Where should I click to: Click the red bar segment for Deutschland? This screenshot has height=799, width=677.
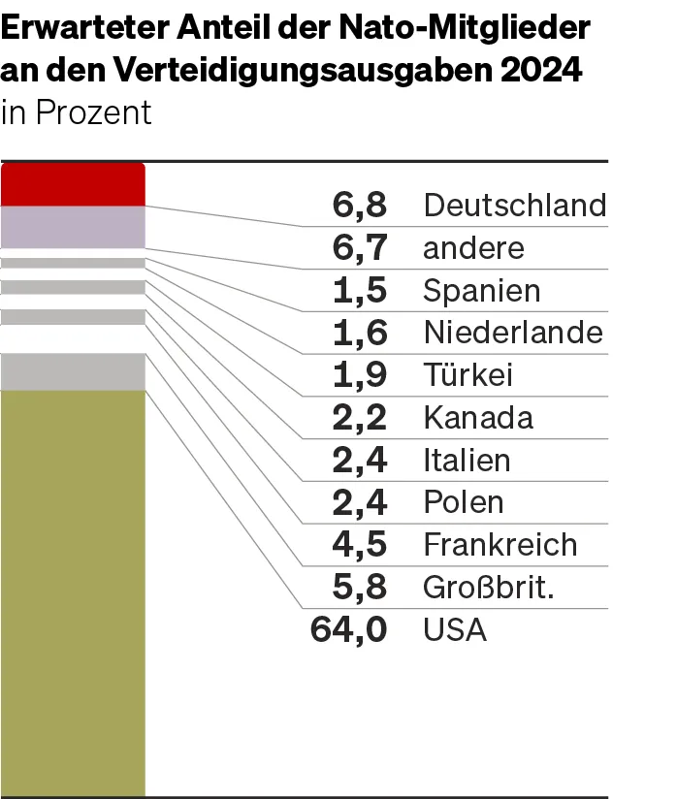73,184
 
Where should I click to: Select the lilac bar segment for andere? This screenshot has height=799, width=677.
73,227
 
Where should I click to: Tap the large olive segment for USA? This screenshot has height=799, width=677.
73,591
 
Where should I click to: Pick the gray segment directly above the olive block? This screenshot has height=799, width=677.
73,371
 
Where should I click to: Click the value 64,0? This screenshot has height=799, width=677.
349,630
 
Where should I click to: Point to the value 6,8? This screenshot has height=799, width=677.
360,206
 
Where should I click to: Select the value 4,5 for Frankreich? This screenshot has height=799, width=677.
360,545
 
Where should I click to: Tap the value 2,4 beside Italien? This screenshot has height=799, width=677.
360,460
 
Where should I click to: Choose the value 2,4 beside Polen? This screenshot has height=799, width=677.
360,502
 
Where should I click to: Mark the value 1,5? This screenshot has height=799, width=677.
360,291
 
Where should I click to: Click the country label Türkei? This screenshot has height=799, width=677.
467,375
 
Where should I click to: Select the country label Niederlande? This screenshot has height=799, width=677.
513,333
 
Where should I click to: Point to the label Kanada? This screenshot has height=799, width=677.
478,418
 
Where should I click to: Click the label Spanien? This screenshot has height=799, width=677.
482,291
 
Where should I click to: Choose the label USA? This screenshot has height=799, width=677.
455,630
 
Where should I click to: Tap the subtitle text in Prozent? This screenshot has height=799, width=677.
77,112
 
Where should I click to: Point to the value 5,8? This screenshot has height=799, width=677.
360,588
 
